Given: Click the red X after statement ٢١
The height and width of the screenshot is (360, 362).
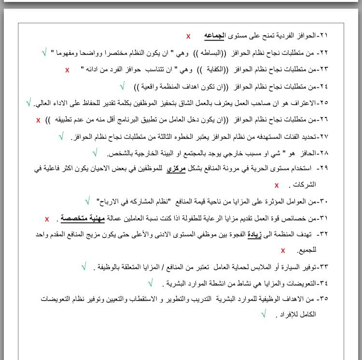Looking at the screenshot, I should (x=188, y=36).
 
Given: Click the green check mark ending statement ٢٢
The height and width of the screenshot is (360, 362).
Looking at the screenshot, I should (x=44, y=51).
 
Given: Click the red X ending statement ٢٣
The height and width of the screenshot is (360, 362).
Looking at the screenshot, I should (x=67, y=70).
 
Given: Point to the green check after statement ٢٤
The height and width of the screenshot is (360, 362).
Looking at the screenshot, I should (x=123, y=86).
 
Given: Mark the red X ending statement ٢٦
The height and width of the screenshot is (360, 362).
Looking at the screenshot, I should (x=38, y=120).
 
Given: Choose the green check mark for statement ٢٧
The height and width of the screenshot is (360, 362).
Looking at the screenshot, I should (x=61, y=137).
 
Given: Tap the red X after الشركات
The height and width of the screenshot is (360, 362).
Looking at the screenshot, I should (x=277, y=185).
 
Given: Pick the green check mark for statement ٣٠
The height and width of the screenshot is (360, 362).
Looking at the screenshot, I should (x=87, y=201).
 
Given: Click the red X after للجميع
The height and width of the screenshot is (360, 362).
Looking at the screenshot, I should (x=283, y=250).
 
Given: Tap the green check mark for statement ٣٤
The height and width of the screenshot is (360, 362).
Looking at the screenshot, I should (x=150, y=283).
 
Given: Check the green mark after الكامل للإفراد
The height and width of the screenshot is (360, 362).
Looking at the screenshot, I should (x=264, y=314).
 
